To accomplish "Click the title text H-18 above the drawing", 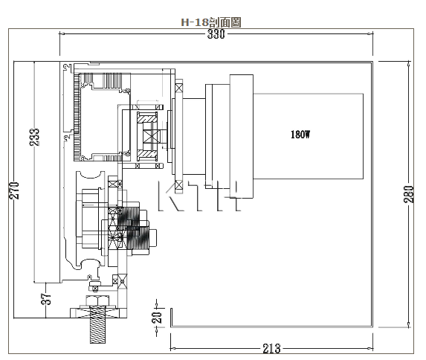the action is [195, 22].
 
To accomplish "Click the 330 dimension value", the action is [216, 34].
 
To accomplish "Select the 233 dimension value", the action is [34, 137].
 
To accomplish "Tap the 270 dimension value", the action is [14, 190].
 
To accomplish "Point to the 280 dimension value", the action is [409, 194].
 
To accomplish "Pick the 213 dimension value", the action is [271, 348].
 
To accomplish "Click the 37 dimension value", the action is [46, 299].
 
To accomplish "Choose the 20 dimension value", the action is [156, 317].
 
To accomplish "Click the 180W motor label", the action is [300, 135].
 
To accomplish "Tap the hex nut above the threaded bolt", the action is [97, 300].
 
